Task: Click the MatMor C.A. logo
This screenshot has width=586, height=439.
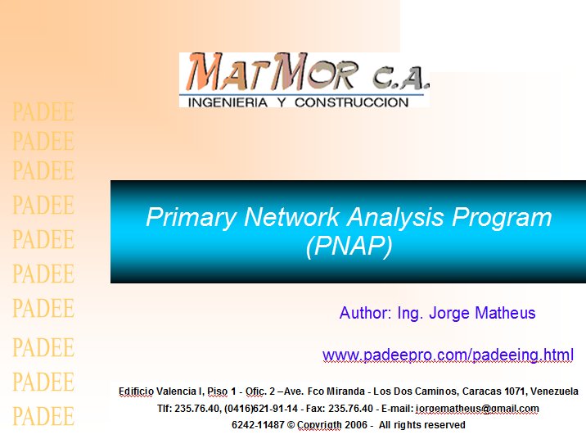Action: tap(304, 80)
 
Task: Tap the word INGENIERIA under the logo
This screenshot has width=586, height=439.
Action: tap(228, 102)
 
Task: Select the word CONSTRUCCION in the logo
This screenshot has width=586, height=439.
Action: tap(352, 102)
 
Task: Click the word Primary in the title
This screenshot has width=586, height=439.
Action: tap(191, 217)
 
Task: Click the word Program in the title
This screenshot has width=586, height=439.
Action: tap(502, 217)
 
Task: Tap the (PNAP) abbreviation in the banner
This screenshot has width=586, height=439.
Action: tap(349, 247)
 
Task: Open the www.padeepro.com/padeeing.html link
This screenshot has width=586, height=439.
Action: tap(448, 355)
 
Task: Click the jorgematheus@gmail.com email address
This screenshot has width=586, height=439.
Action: tap(477, 409)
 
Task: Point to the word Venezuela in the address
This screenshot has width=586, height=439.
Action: tap(554, 391)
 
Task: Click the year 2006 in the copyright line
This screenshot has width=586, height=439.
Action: tap(356, 425)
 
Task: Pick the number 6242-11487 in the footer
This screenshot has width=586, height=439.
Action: tap(258, 425)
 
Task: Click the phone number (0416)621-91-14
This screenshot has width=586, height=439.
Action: tap(261, 409)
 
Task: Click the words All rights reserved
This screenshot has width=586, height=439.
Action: tap(422, 425)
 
